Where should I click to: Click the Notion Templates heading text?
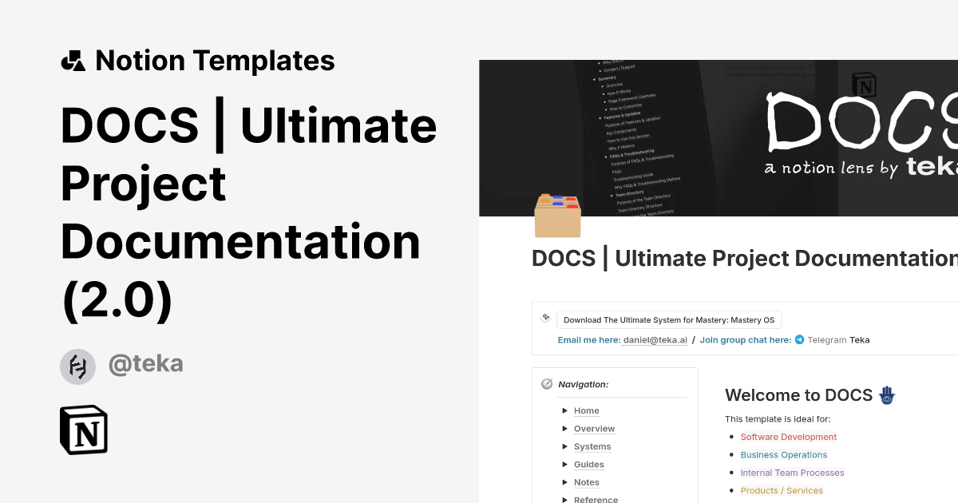(x=215, y=61)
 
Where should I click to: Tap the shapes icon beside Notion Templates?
(x=73, y=61)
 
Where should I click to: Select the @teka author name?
(x=145, y=364)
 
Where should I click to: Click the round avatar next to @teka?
(x=77, y=366)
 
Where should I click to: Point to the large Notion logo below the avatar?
(x=84, y=430)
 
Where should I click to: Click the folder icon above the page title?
(x=557, y=216)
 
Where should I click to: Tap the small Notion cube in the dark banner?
(x=864, y=85)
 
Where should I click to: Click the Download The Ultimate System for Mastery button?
(x=669, y=320)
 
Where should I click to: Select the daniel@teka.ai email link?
(x=655, y=340)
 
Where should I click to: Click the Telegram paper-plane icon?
(x=799, y=340)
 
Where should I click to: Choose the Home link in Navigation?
(x=586, y=411)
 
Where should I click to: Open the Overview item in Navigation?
(x=594, y=429)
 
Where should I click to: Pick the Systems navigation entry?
(x=592, y=447)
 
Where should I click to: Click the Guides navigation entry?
(x=588, y=465)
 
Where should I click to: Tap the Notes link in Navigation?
(x=586, y=482)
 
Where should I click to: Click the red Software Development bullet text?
(x=788, y=438)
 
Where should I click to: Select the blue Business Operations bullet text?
(x=783, y=455)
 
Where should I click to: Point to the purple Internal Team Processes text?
(x=792, y=473)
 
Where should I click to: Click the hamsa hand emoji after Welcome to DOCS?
(x=887, y=394)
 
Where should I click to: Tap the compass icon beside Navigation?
(x=547, y=384)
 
